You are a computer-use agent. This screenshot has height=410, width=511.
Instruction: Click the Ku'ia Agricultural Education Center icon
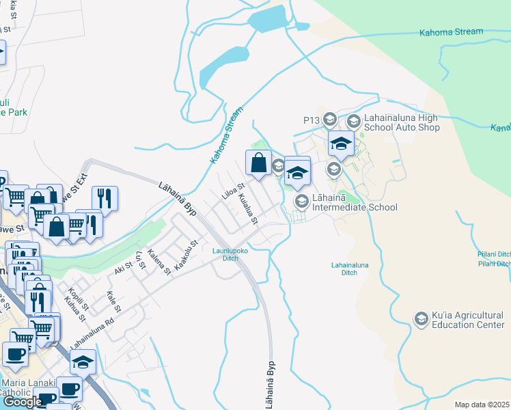click(422, 318)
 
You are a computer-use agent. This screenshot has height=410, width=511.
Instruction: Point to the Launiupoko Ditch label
click(225, 254)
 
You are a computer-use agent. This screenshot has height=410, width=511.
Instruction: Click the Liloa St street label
click(233, 191)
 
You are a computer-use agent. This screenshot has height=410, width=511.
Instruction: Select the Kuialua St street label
click(248, 209)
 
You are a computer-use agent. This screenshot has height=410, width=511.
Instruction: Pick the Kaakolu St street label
click(186, 255)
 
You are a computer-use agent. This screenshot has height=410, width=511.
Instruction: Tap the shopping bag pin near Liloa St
click(258, 164)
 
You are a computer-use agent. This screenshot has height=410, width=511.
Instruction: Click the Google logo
click(23, 402)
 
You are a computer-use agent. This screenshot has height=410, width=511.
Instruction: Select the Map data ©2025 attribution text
click(482, 405)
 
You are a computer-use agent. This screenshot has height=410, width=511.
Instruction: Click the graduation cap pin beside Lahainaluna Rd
click(83, 361)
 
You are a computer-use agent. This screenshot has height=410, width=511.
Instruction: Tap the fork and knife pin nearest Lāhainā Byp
click(105, 199)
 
